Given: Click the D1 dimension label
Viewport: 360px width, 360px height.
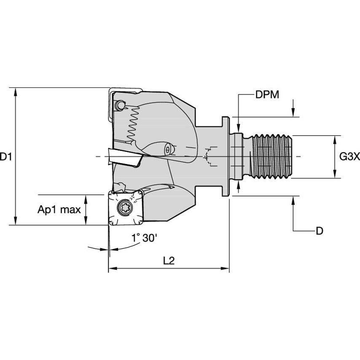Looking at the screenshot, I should click(5, 157).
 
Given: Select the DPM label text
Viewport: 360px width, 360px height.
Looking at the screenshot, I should click(267, 95).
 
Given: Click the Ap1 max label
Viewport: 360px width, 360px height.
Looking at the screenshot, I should click(59, 210).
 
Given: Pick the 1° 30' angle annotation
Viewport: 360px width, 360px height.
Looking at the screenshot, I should click(143, 238).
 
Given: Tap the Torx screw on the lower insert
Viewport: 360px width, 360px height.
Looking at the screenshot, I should click(124, 208).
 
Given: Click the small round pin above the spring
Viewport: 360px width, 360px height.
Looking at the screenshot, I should click(121, 104).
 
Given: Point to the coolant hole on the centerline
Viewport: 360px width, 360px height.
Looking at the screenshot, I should click(168, 150).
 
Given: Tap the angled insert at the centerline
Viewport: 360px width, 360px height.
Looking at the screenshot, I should click(124, 157).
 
